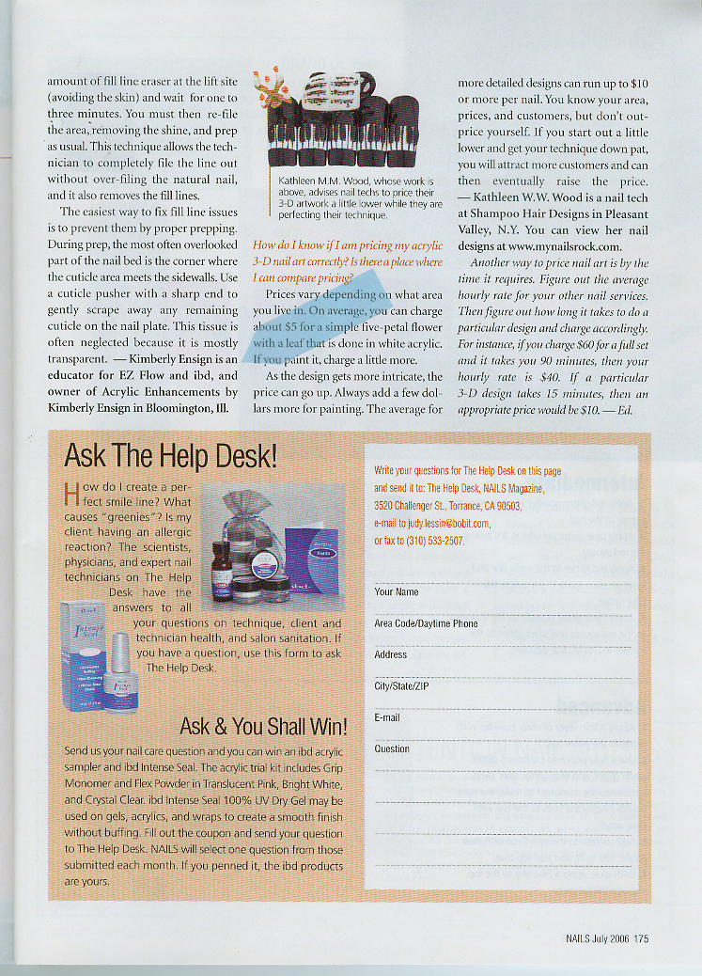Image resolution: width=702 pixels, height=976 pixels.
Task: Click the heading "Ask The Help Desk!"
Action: (170, 458)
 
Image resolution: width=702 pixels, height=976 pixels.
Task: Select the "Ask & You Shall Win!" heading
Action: (263, 726)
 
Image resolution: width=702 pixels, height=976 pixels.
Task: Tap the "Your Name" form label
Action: (397, 592)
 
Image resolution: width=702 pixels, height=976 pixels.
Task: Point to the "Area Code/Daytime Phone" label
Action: (426, 623)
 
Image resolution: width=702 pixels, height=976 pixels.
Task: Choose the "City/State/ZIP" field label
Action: (402, 686)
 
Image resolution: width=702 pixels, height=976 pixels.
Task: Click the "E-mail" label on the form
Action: (387, 717)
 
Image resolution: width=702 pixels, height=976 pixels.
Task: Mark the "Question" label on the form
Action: (392, 749)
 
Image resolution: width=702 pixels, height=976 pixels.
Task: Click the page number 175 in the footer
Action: (641, 937)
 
